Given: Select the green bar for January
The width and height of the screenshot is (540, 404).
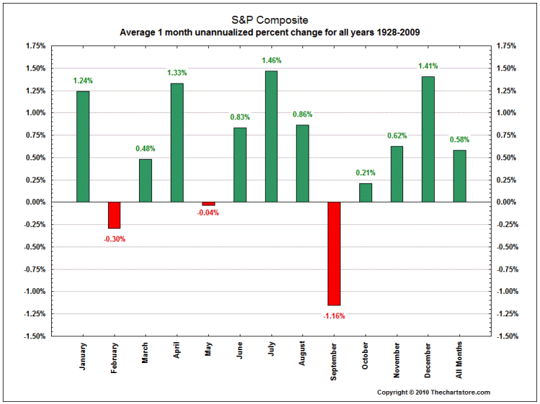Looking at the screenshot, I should (x=83, y=147).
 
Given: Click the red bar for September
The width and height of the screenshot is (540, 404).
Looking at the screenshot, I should (x=333, y=254).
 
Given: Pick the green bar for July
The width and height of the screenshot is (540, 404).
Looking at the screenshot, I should (x=271, y=137).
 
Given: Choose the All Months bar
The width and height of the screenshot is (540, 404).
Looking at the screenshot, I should (x=459, y=176).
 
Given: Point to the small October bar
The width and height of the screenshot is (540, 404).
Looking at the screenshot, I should (x=365, y=193).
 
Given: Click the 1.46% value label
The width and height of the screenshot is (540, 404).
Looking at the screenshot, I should (x=271, y=60).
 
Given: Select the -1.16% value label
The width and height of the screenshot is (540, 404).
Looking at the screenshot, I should (x=333, y=316).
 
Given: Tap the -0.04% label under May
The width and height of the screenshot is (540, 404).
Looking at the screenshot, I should (x=208, y=213).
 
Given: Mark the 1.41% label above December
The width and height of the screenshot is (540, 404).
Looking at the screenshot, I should (x=428, y=66).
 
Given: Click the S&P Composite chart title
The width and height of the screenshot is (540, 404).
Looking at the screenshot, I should (x=270, y=20).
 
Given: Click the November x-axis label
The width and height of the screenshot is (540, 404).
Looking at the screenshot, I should (x=397, y=358).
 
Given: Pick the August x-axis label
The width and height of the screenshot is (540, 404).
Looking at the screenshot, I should (x=302, y=356).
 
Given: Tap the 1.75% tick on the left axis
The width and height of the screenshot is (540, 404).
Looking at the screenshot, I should (x=35, y=46).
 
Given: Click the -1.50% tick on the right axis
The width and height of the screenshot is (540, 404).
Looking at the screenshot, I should (x=508, y=336).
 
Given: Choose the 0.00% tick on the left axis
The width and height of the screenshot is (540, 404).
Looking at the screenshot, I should (x=35, y=203).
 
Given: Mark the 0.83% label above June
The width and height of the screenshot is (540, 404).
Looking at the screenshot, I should (x=240, y=117).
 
